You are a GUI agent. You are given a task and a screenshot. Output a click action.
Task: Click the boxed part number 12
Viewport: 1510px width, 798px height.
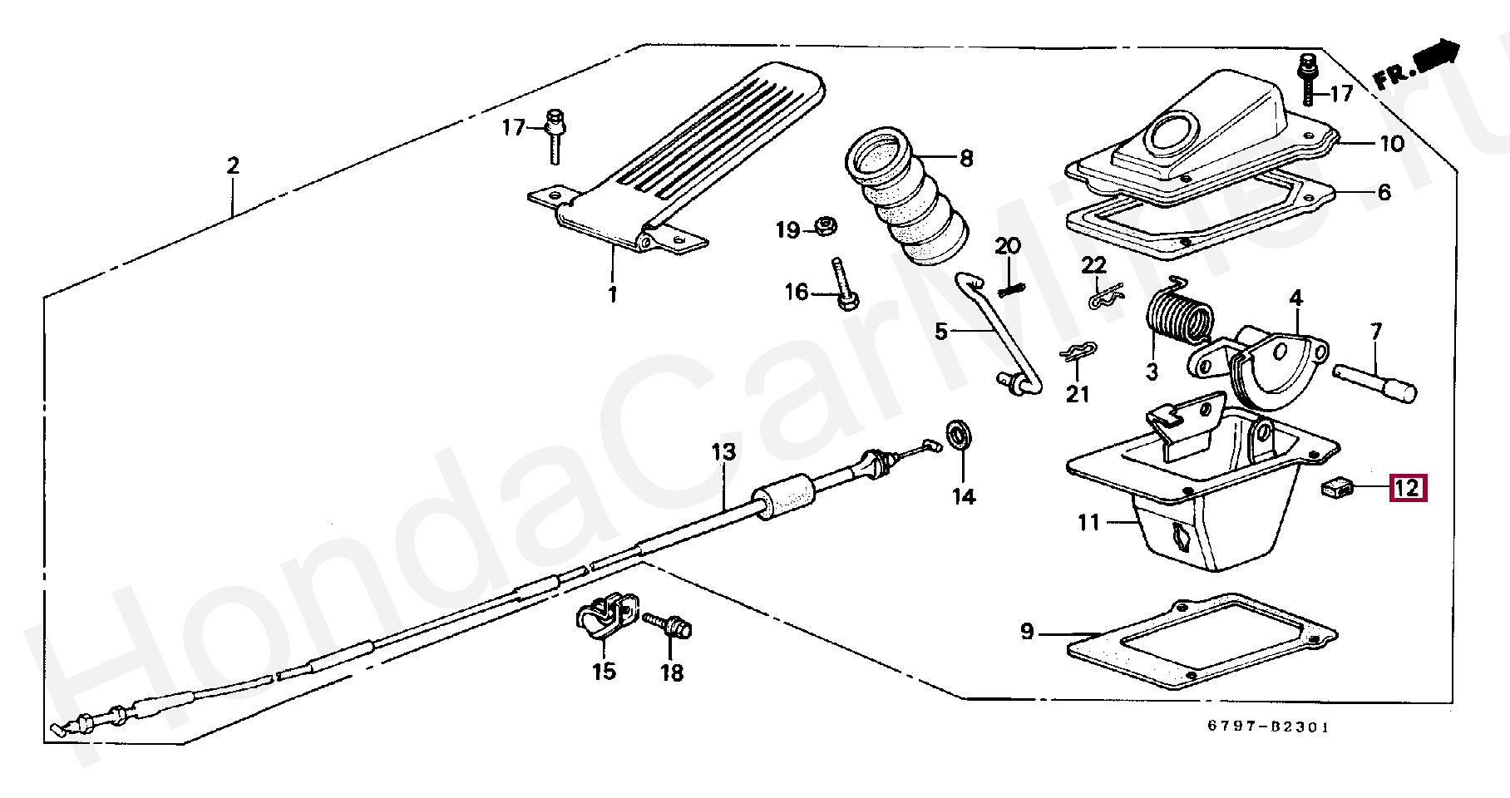1408,488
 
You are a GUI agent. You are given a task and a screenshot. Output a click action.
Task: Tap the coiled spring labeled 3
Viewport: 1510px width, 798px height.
1179,318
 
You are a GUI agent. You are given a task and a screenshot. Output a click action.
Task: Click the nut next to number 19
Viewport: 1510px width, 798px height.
825,225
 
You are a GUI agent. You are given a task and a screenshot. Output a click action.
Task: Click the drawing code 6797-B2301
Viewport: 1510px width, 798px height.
1268,727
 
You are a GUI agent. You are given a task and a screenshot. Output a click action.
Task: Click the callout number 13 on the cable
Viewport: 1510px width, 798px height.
723,452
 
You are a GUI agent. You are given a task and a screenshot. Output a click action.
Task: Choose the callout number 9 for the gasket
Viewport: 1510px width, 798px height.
1027,632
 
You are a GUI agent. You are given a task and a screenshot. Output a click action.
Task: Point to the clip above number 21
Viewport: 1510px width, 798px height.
1078,352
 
